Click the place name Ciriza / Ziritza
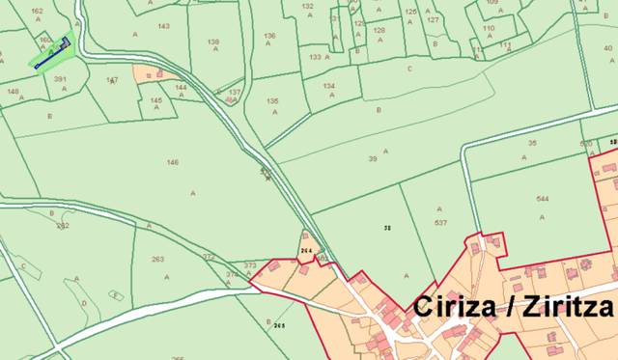pos(514,307)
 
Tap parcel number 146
pos(173,162)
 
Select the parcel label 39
pos(373,158)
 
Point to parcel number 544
pos(543,199)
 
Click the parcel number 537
pos(441,222)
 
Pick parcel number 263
pos(158,259)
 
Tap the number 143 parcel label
pos(163,26)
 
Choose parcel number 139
pos(213,42)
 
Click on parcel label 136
pos(268,36)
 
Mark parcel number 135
pos(272,100)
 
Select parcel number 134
pos(329,86)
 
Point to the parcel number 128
pos(379,30)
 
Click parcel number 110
pos(489,29)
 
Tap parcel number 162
pos(38,11)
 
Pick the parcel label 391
pos(60,79)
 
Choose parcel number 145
pos(156,99)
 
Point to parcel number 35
pos(532,142)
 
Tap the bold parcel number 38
pos(387,228)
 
